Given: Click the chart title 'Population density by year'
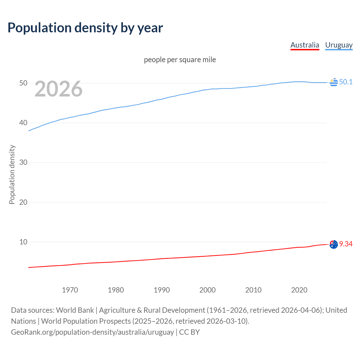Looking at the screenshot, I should tap(85, 28).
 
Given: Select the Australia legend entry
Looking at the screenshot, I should tap(305, 45).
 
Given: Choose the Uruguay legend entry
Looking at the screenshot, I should tap(339, 45).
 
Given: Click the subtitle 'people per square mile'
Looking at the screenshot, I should tap(180, 60).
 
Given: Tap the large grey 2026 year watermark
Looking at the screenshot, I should tap(58, 89).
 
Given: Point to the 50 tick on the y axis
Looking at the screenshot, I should tap(23, 83).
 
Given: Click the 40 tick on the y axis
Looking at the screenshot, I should tap(23, 123).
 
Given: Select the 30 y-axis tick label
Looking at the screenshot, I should tap(23, 163).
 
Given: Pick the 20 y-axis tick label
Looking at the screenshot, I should tap(23, 202).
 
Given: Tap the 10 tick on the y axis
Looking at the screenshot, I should tap(23, 242).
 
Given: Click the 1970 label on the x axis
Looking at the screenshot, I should tap(70, 290).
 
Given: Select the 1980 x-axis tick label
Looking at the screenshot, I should tap(116, 290).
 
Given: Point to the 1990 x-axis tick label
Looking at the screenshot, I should tap(161, 290).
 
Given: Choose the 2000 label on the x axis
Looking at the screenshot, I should tap(207, 290).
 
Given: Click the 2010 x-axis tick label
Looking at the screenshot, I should tap(253, 290).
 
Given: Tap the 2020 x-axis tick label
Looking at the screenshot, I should tap(299, 290).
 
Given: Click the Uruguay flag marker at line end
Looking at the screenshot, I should tap(334, 82).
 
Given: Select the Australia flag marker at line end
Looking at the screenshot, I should tap(334, 244).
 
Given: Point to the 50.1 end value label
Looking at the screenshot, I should tap(346, 82).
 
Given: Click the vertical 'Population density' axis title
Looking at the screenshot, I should tap(12, 174).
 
